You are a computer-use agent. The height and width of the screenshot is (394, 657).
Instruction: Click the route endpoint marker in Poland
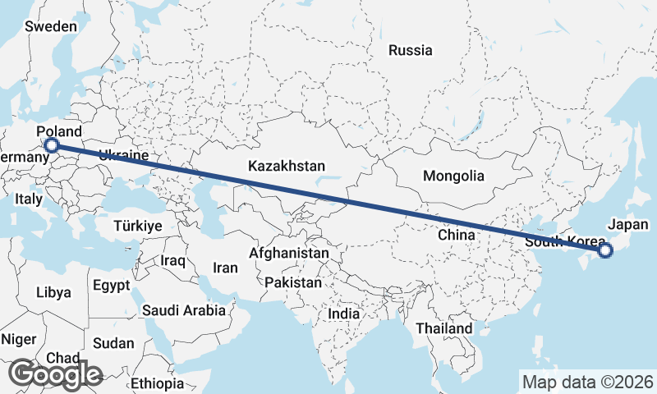coord(52,146)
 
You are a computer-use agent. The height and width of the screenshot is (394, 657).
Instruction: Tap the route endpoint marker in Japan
coord(605,250)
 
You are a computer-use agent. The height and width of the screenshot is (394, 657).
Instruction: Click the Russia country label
coord(411,50)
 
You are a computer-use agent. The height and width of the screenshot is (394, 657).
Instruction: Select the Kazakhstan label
coord(287,166)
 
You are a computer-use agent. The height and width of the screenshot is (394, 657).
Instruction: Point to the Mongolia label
coord(453,176)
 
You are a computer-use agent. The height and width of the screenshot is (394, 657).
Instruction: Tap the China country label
coord(457,235)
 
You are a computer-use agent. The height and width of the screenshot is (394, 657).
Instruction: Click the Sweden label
coord(51,26)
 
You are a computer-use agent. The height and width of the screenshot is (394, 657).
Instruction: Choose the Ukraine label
coord(123,155)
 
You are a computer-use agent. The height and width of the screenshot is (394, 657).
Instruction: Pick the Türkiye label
coord(139,226)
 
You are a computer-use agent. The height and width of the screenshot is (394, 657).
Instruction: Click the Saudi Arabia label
coord(183,310)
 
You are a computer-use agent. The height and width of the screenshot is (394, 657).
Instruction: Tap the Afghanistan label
coord(289,254)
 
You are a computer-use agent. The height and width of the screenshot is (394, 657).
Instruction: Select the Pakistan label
coord(293,282)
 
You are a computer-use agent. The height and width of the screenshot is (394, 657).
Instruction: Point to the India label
coord(343,314)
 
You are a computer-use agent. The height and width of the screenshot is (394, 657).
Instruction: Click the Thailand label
coord(443,328)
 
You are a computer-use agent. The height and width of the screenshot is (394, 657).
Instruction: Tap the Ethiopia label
coord(158,383)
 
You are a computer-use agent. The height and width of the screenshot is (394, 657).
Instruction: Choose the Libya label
coord(53,292)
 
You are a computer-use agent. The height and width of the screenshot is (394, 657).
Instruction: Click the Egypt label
coord(112,286)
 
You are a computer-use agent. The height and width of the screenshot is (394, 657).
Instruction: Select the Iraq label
coord(174,261)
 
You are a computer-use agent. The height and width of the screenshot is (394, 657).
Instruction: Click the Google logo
coord(55,374)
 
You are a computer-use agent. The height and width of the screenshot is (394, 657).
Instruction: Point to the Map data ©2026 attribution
coord(587,382)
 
